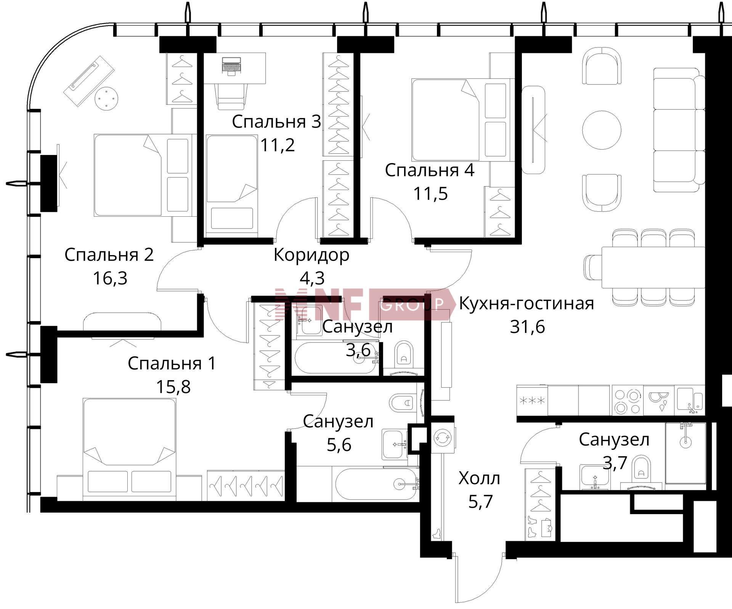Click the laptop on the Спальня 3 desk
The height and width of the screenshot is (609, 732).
pos(231,66)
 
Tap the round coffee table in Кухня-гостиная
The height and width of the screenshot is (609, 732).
pos(602,129)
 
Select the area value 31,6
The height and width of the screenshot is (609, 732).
pos(527,327)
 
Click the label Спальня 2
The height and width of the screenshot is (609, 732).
pos(109,255)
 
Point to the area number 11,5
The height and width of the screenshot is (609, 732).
pos(430,194)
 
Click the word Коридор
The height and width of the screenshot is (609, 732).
pos(311,255)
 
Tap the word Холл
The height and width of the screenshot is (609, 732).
pos(479,478)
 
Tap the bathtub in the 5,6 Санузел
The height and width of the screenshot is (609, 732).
pos(376,484)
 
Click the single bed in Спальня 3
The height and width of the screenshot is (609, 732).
pos(232,183)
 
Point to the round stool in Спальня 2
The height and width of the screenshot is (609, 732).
pos(106,98)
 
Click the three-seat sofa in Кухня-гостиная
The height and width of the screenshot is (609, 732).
pos(679,129)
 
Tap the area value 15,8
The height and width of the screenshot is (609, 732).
pos(173,387)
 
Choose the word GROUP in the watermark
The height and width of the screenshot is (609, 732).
pos(412,304)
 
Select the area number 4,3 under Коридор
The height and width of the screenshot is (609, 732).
pos(312,278)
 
